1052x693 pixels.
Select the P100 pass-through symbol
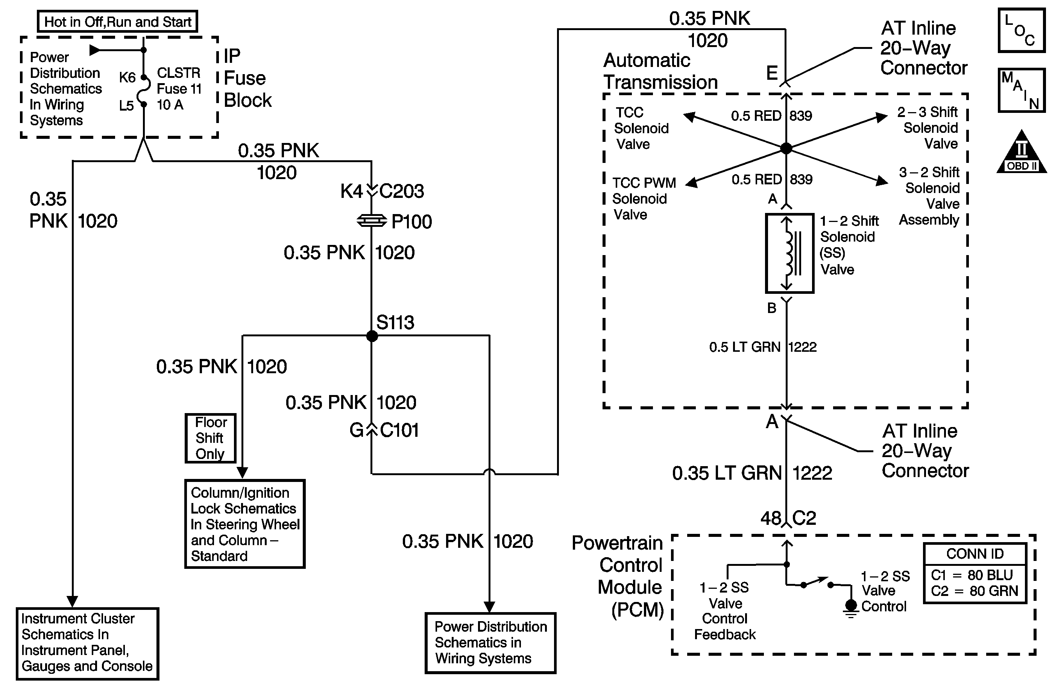click(x=371, y=221)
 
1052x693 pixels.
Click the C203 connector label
click(x=401, y=191)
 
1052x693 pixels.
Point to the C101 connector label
click(x=399, y=430)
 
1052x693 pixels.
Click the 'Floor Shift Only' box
click(x=210, y=438)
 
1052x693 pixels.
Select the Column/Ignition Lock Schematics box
click(x=245, y=524)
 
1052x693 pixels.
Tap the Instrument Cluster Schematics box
click(x=88, y=643)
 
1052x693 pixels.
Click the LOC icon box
click(x=1022, y=30)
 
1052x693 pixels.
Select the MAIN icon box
click(x=1022, y=91)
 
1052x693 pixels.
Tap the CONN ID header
click(x=975, y=554)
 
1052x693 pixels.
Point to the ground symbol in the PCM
click(x=850, y=607)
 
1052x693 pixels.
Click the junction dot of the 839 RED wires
click(x=786, y=148)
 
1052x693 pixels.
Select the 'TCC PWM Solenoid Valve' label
click(x=644, y=199)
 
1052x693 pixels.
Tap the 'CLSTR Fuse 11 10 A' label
click(x=179, y=88)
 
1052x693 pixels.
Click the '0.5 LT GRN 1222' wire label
click(x=762, y=347)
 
